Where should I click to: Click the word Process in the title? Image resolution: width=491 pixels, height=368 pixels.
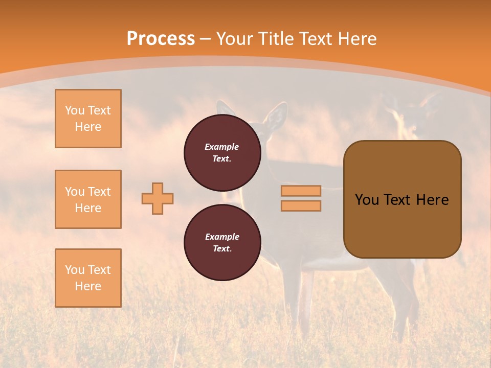[x=161, y=39]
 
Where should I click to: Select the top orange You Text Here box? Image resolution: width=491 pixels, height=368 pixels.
[x=88, y=119]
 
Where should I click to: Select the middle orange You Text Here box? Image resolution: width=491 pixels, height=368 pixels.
[x=88, y=199]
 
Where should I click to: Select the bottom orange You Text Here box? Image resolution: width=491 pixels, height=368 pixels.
[x=88, y=278]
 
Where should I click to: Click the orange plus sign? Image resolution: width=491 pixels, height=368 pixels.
[x=158, y=198]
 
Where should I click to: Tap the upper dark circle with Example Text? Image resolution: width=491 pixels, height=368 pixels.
[x=222, y=152]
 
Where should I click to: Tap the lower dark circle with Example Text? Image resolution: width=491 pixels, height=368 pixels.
[x=222, y=242]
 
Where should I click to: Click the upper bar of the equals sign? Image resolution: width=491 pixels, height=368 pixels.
[x=301, y=191]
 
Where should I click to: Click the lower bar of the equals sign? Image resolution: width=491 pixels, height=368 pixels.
[x=301, y=205]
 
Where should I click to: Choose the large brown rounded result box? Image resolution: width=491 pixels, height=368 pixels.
[x=402, y=199]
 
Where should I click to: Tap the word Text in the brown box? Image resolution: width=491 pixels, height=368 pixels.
[x=398, y=200]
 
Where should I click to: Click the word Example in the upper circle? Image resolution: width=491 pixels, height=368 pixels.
[x=221, y=147]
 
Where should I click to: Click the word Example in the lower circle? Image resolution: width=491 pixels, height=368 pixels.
[x=222, y=237]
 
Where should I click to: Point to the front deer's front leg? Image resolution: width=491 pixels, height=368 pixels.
[x=306, y=302]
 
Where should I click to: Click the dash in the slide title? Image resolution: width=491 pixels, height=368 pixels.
[x=205, y=39]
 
